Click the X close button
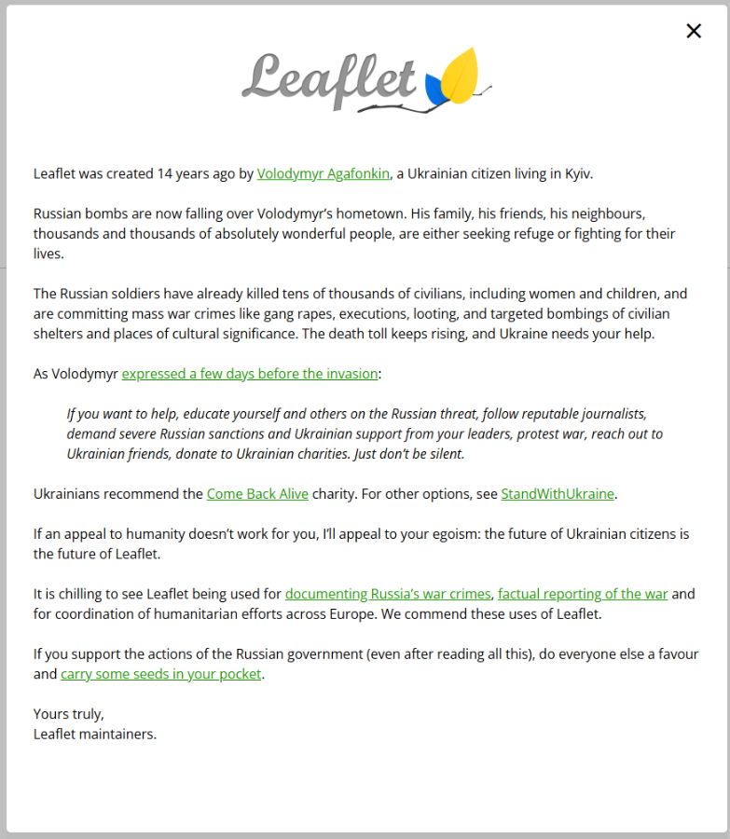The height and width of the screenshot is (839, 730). [x=694, y=31]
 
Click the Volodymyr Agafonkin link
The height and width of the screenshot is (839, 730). [x=323, y=173]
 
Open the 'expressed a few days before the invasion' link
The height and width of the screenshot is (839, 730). [x=250, y=374]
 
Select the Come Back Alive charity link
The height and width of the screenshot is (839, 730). [x=257, y=494]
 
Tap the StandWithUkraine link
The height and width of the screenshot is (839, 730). [x=558, y=494]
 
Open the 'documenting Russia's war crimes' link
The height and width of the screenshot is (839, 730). [x=388, y=594]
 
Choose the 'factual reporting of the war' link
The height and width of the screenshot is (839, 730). [x=583, y=594]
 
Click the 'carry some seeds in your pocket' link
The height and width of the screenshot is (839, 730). [x=161, y=674]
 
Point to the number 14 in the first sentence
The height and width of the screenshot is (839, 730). [x=165, y=173]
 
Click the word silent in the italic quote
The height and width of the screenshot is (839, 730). [x=443, y=454]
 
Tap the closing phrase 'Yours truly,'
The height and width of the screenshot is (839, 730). [x=69, y=714]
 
